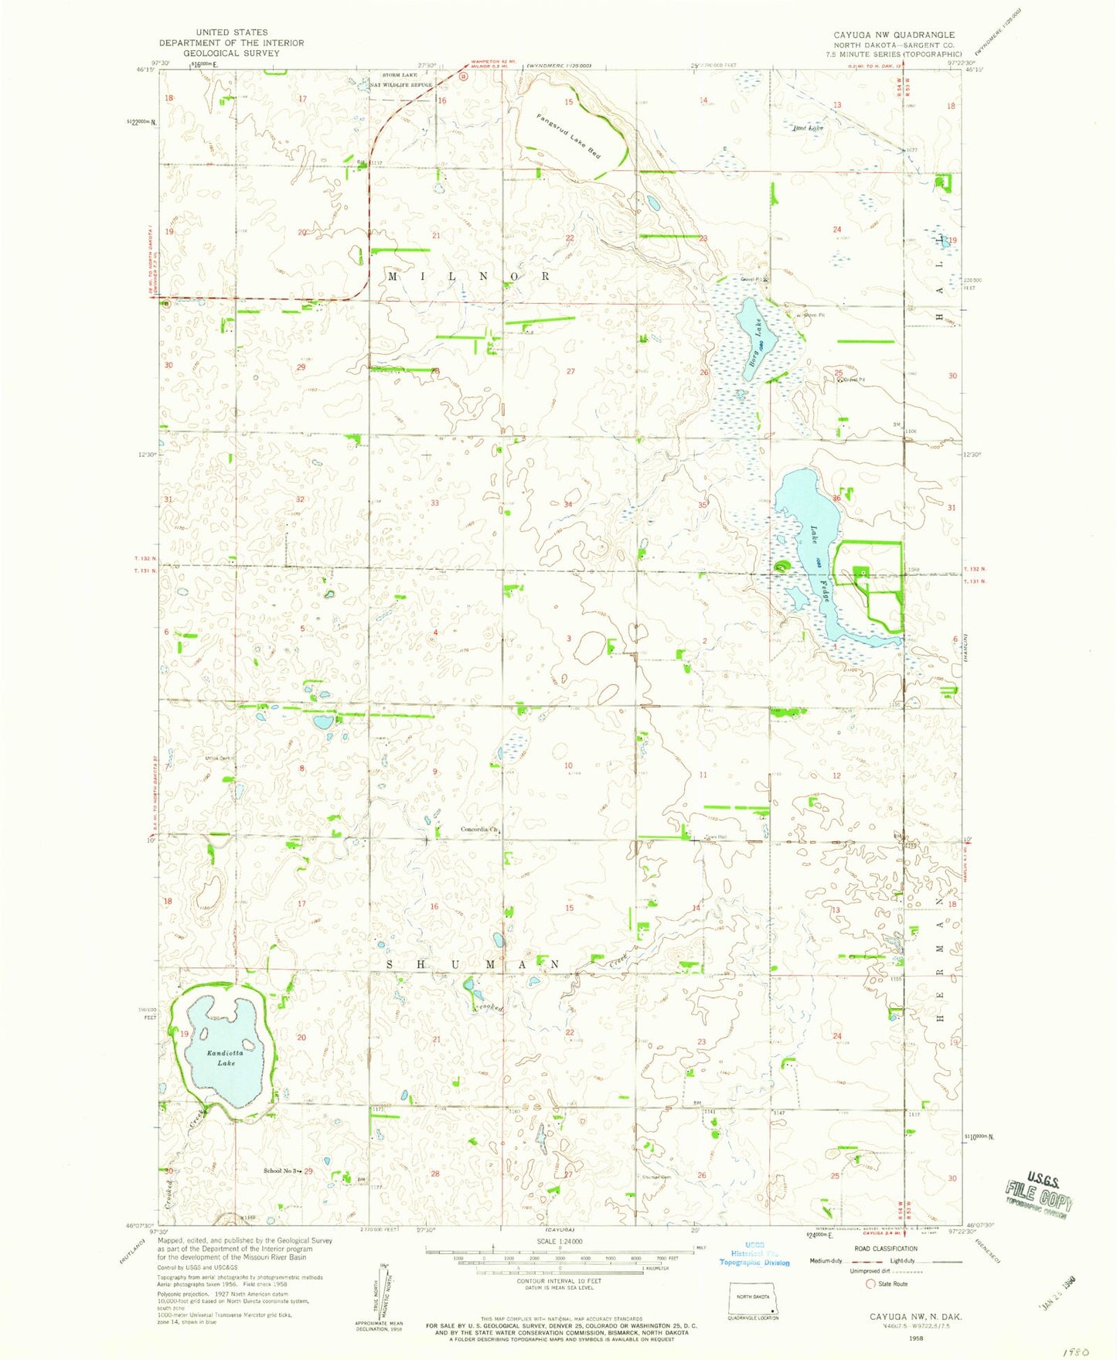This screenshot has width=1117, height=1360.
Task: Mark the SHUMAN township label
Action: [472, 963]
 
